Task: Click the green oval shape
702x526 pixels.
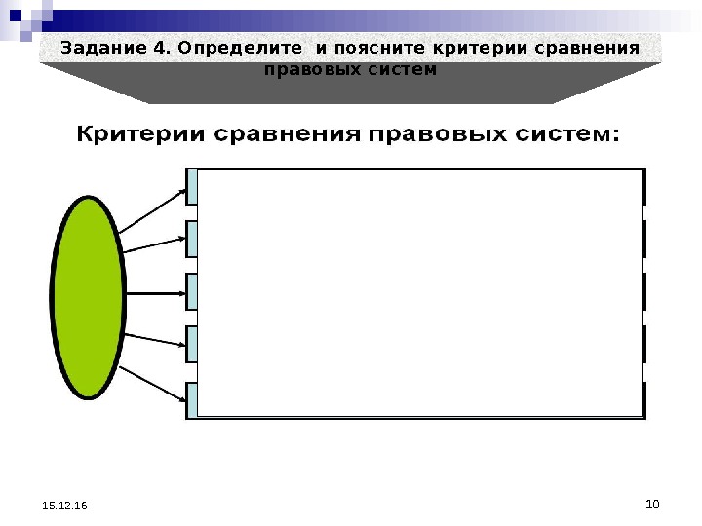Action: click(x=89, y=293)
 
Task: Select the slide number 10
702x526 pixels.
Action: click(x=652, y=504)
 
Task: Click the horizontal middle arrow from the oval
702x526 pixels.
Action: click(x=156, y=293)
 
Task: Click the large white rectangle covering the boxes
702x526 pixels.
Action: click(x=419, y=292)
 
